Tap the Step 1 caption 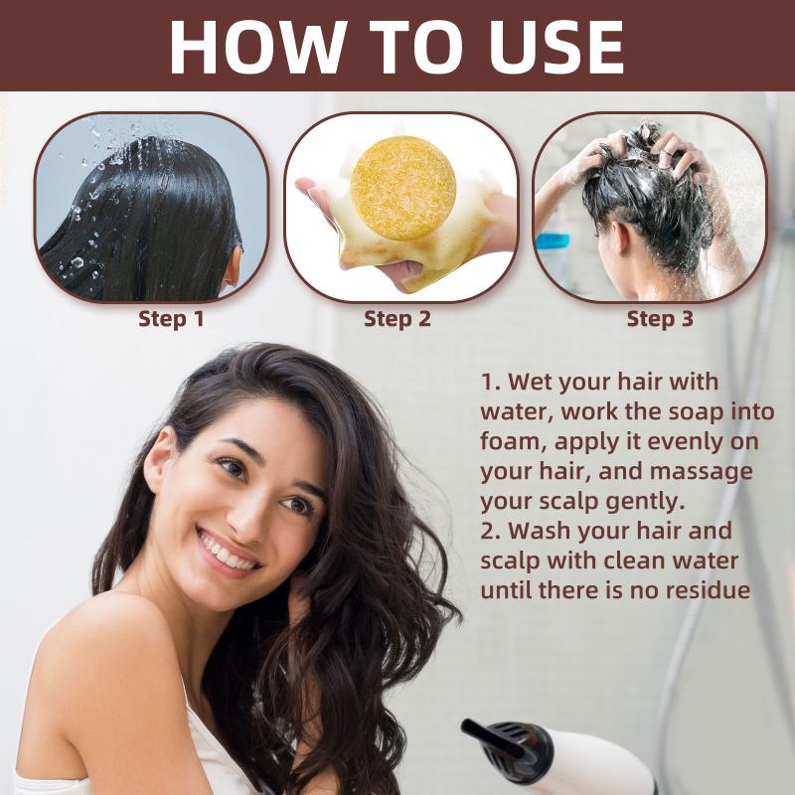pyautogui.click(x=171, y=319)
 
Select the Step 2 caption pyautogui.click(x=397, y=319)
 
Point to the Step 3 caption pyautogui.click(x=660, y=319)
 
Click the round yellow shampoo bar pyautogui.click(x=403, y=188)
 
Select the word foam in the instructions pyautogui.click(x=513, y=441)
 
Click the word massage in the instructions pyautogui.click(x=701, y=471)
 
